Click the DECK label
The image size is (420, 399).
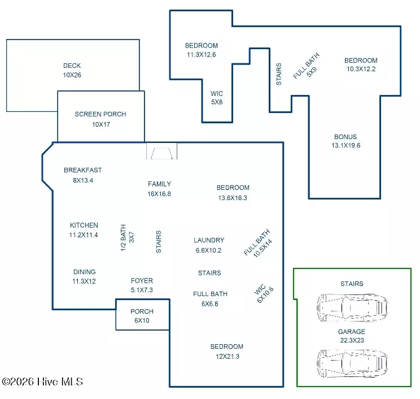72,66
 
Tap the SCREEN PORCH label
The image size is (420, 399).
100,114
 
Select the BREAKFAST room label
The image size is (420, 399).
83,170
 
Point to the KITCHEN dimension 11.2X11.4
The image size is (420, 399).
84,235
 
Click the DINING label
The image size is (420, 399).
84,272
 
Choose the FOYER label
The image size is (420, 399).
142,281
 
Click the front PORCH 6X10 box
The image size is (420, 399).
142,315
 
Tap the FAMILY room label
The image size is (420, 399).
159,184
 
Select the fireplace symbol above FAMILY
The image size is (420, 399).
161,151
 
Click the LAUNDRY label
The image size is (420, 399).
209,240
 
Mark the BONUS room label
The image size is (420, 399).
345,137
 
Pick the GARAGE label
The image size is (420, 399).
352,332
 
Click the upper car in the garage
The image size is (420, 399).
352,307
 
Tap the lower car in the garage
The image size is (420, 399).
352,363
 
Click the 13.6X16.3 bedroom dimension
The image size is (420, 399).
233,198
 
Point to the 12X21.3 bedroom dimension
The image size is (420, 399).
228,357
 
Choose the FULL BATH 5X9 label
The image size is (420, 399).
307,66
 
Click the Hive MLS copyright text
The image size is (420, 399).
42,381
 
